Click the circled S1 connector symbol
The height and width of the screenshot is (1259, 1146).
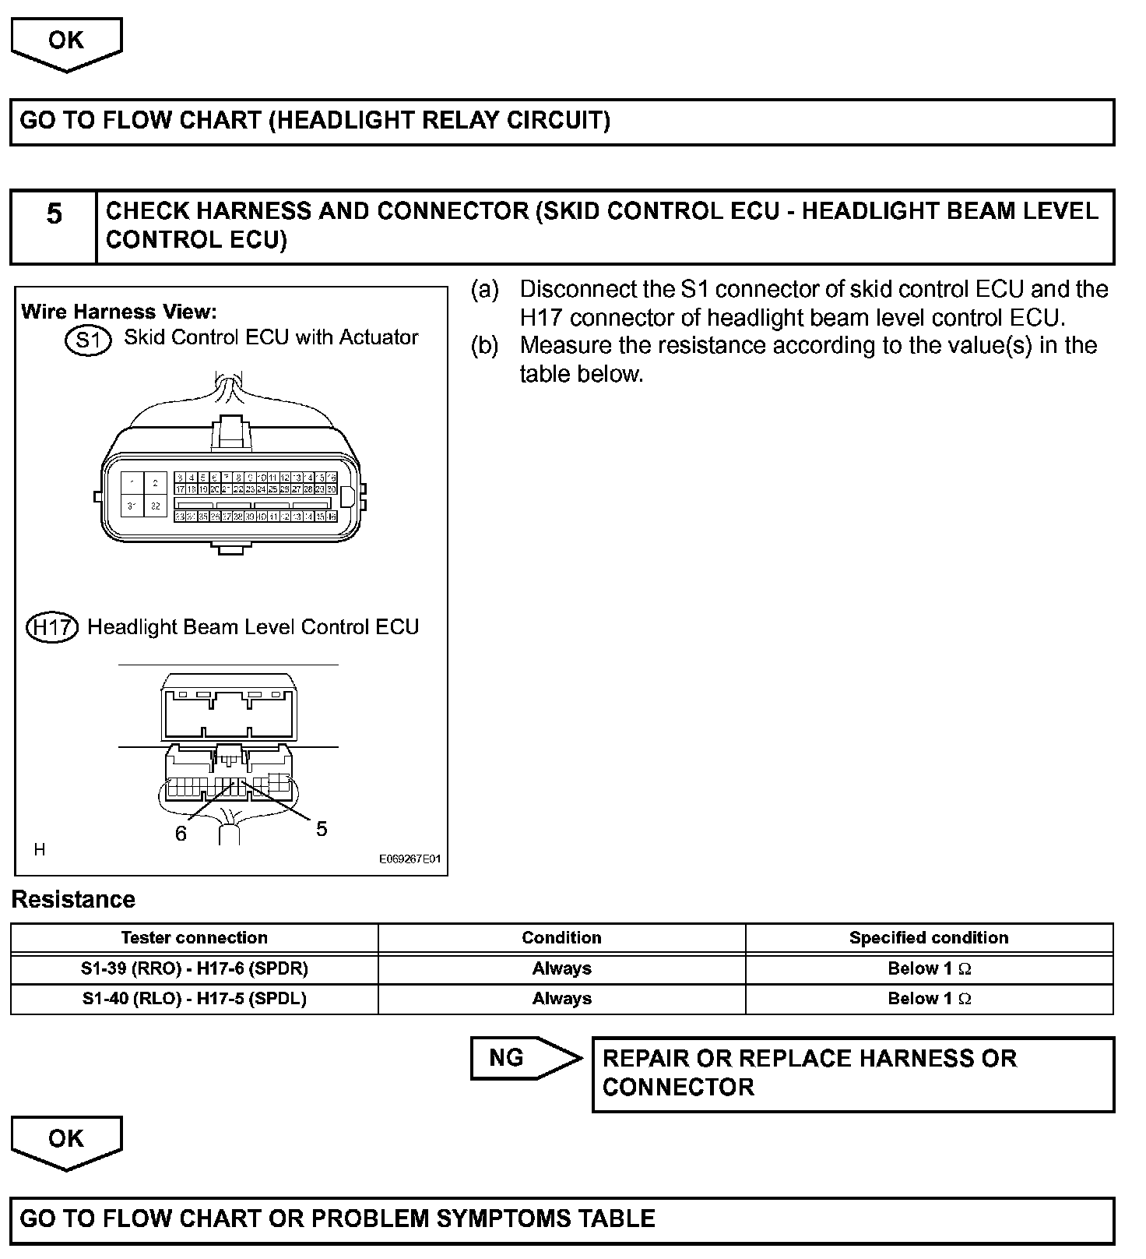(88, 341)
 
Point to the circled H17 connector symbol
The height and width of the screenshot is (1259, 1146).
(52, 628)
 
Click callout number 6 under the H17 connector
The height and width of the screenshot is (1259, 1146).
(181, 834)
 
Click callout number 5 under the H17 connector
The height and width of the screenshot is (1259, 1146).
(322, 829)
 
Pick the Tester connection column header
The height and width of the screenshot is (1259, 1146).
(194, 938)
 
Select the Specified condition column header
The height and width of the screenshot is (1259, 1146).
(929, 938)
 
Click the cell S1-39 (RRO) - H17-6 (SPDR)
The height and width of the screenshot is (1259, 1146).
(194, 969)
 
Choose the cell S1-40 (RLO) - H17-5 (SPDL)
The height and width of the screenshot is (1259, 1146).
(194, 999)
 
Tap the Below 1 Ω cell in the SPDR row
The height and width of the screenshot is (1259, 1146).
(929, 969)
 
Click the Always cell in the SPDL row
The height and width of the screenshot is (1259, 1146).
(561, 999)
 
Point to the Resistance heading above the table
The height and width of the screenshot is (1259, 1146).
(73, 900)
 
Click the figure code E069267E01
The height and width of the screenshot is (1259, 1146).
(410, 859)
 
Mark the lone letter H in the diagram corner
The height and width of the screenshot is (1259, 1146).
(40, 849)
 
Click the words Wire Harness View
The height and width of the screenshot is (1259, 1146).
(118, 312)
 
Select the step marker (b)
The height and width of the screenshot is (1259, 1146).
(484, 346)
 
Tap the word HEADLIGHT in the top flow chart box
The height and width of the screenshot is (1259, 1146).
(346, 121)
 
